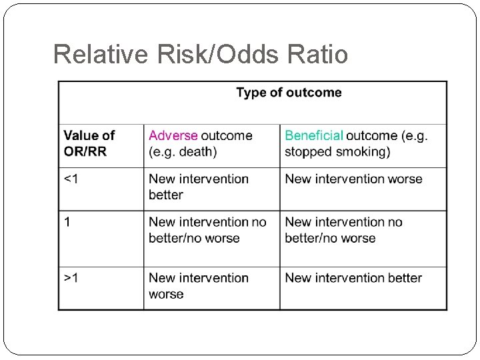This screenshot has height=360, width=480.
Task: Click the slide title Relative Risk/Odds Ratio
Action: [200, 55]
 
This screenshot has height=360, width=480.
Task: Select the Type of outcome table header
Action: [289, 93]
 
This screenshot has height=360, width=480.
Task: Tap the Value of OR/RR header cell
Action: [89, 143]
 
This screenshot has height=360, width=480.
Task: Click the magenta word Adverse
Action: [173, 135]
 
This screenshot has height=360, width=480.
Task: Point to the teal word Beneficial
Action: [314, 135]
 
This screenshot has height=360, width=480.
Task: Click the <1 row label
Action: [71, 179]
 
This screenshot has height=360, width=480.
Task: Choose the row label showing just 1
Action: [67, 222]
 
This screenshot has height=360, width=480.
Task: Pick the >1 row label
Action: [71, 278]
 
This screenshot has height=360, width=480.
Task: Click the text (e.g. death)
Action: [183, 152]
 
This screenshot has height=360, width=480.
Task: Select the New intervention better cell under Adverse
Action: [198, 187]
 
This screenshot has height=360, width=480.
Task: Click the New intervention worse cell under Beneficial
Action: [353, 179]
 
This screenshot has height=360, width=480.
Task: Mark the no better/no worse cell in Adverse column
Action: [207, 230]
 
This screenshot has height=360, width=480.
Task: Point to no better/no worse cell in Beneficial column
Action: [343, 230]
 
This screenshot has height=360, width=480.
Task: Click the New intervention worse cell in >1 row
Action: [198, 286]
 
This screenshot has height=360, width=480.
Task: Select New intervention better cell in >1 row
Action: [353, 278]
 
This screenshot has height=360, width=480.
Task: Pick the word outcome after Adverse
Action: [227, 135]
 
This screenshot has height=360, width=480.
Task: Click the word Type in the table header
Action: [251, 93]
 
